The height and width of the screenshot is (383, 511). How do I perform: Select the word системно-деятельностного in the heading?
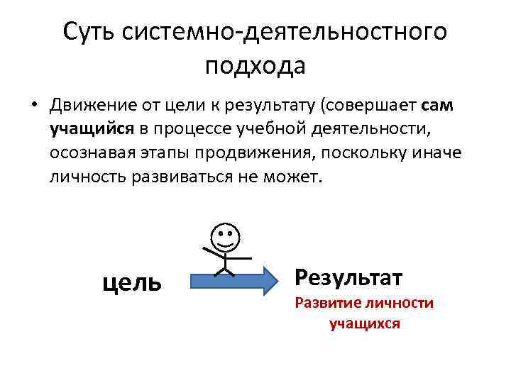285,31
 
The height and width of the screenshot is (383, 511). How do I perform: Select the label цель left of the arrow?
133,282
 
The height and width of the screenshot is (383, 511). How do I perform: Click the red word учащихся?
365,324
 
